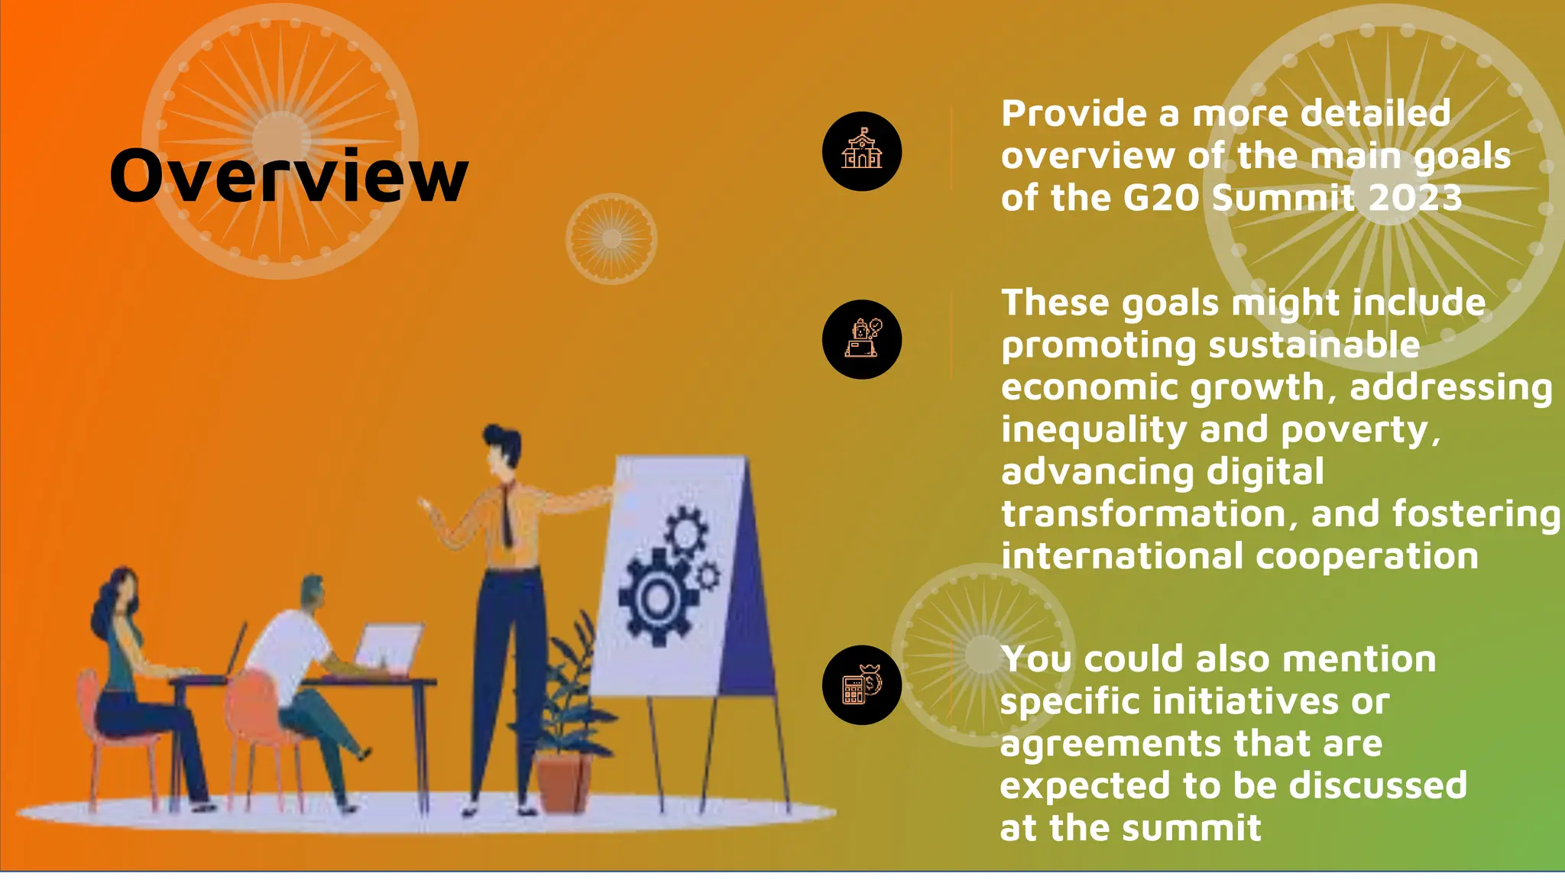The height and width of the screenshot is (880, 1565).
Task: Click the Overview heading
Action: click(289, 176)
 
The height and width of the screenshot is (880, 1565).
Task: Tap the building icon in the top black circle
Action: click(861, 150)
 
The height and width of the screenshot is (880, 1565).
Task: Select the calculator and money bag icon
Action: click(861, 684)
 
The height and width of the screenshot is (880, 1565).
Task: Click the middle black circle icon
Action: click(861, 339)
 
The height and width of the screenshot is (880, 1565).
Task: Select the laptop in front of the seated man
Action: click(389, 648)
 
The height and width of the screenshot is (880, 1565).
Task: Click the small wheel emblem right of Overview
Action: click(611, 239)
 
